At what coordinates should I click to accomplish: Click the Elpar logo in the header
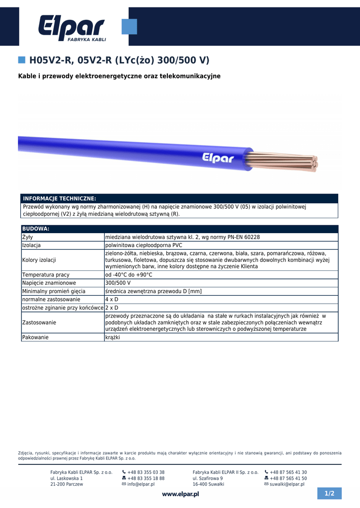coord(72,28)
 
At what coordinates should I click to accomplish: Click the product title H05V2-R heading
coord(119,61)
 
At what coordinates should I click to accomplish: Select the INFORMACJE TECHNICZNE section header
coord(60,198)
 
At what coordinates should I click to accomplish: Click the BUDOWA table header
coord(36,229)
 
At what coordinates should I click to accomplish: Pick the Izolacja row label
coord(31,245)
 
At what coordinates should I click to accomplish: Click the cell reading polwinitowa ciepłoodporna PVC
coord(144,245)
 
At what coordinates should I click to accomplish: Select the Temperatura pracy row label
coord(46,274)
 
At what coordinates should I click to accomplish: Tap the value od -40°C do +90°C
coord(129,274)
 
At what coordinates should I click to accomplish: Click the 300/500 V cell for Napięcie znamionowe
coord(118,283)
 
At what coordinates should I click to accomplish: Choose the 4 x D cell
coord(111,300)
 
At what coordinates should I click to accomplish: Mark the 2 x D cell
coord(111,308)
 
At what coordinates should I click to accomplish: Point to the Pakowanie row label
coord(35,337)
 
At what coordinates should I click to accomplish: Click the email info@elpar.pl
coord(141,484)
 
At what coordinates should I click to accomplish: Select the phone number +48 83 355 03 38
coord(146,472)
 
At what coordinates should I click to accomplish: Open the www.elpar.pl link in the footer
coord(180,494)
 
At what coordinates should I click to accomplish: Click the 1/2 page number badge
coord(330,494)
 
